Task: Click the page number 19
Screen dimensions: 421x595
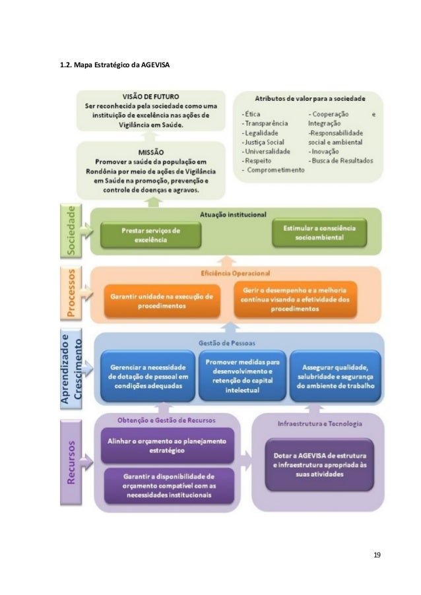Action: [377, 554]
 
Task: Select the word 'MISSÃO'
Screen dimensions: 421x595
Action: [151, 151]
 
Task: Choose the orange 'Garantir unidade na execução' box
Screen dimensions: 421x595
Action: [162, 301]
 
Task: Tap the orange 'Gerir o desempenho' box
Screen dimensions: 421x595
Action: [295, 301]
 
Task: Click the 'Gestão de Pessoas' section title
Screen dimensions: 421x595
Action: [226, 342]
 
